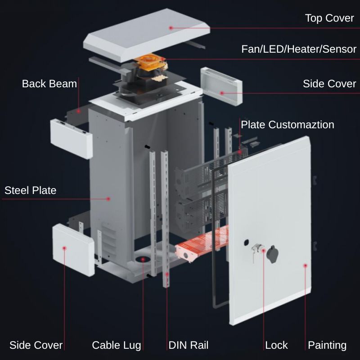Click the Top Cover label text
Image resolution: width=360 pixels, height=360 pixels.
329,18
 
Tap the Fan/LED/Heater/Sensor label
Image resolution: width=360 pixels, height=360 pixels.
299,49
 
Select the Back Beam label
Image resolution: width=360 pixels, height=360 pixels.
49,84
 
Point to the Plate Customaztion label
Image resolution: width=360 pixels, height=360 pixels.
288,125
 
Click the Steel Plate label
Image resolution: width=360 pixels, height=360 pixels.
30,190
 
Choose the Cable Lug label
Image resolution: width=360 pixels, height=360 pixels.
117,345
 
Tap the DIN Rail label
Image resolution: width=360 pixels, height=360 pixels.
188,345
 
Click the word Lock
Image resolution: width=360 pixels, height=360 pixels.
276,345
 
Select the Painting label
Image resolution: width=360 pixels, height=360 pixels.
327,345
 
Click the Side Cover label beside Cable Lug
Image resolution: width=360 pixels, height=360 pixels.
36,345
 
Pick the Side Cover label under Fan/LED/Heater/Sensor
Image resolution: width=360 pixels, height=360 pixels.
329,84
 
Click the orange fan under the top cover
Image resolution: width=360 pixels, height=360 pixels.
150,62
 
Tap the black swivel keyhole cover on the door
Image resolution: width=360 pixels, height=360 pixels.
273,254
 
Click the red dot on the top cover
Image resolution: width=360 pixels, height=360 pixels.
171,28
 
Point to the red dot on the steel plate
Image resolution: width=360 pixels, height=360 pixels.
108,199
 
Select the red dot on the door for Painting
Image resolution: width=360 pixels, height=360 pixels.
306,265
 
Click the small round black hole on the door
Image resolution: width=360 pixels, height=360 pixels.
246,242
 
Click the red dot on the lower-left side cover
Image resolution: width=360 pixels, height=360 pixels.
64,248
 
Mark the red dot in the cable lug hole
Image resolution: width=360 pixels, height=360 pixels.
143,260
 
